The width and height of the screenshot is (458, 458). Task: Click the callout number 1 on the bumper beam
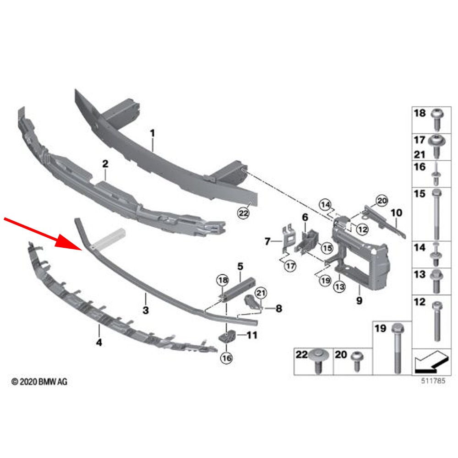153,133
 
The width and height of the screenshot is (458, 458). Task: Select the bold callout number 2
105,164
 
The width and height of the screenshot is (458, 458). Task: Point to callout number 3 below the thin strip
145,310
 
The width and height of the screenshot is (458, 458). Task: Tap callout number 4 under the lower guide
99,342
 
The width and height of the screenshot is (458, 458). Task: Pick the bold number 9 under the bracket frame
359,301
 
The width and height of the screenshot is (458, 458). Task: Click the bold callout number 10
397,213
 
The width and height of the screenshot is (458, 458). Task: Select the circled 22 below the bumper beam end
243,213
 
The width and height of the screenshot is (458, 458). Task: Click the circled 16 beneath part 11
227,359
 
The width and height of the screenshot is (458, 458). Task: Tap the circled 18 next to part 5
222,280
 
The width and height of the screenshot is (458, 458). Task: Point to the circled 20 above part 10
382,199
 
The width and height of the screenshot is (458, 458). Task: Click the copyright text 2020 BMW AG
39,381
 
